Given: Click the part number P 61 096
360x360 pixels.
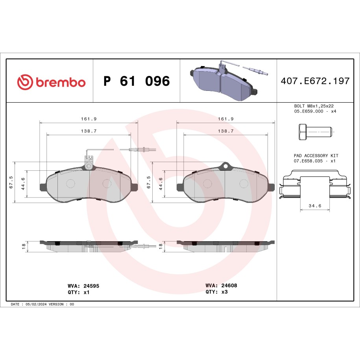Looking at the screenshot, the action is pos(137,81).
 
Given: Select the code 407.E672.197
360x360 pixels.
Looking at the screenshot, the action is pos(315,81).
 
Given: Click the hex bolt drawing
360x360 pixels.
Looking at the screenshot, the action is pos(316,132).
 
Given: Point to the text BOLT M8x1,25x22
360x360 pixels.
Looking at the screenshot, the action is pos(314,106).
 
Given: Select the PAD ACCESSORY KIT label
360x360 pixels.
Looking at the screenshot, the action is pos(316,156).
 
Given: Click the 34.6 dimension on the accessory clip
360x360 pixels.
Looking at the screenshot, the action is pos(315,206).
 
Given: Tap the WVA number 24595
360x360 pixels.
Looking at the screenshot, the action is pos(91,286).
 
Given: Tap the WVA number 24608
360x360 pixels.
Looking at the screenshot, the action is pos(229,285).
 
